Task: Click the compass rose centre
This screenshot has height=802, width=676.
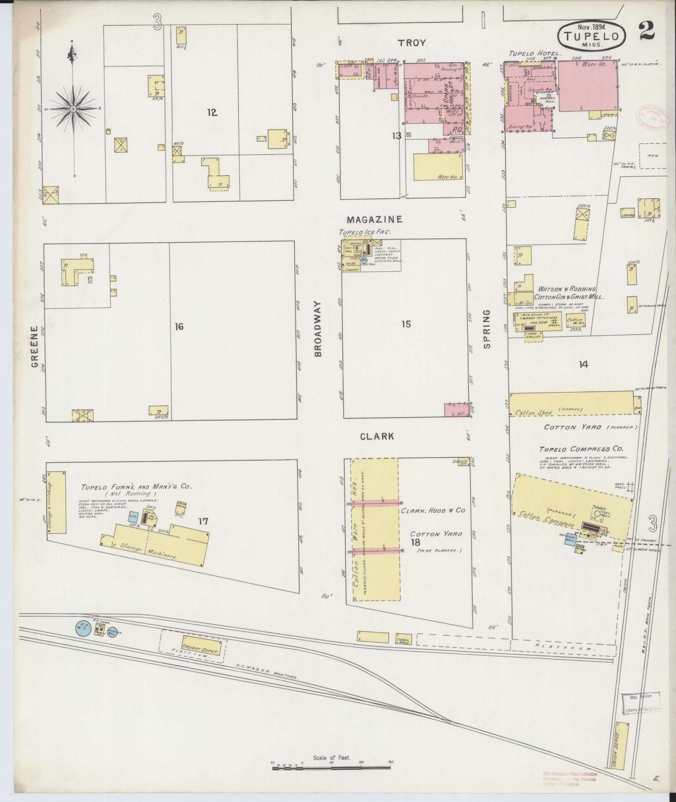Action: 73,109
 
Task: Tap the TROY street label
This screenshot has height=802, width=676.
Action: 412,43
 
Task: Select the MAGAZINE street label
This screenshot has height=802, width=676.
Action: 375,219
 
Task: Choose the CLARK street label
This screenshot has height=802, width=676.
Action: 378,436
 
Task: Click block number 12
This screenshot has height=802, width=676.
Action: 212,112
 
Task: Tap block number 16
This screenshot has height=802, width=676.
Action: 179,326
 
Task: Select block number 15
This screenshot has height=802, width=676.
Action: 406,324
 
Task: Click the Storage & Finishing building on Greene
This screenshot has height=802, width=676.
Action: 57,502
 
